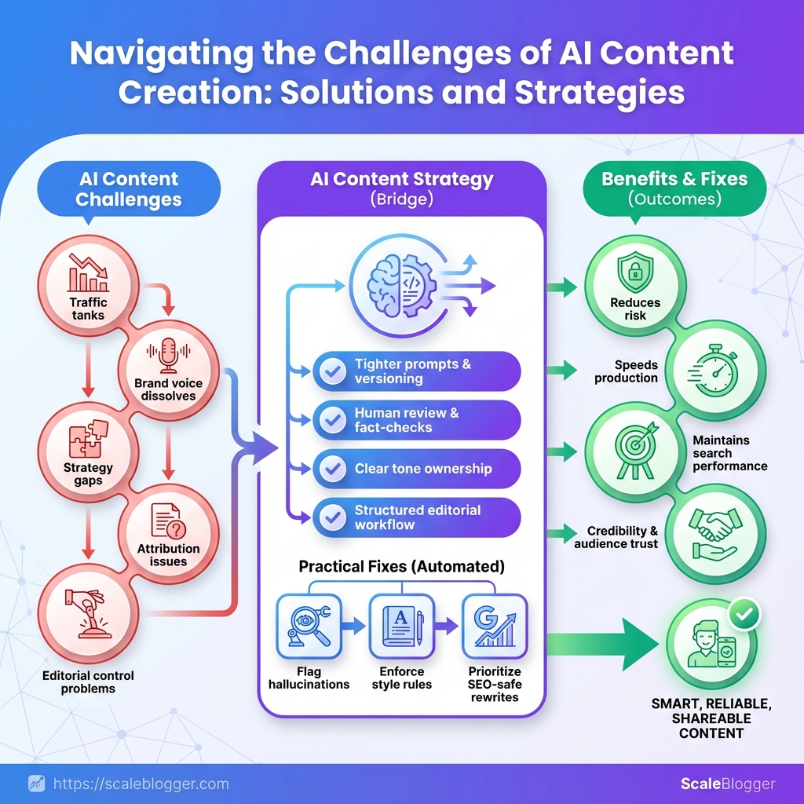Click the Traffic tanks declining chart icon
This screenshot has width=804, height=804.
88,274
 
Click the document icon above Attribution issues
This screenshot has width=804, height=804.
167,520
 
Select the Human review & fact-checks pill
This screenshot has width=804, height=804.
416,420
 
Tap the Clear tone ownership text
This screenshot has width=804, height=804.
422,469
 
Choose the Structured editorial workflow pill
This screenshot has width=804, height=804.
416,517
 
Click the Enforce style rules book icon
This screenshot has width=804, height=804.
401,625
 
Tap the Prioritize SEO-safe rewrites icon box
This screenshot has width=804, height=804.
494,625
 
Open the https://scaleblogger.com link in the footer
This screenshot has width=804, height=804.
141,784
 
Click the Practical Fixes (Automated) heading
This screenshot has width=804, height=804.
401,565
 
